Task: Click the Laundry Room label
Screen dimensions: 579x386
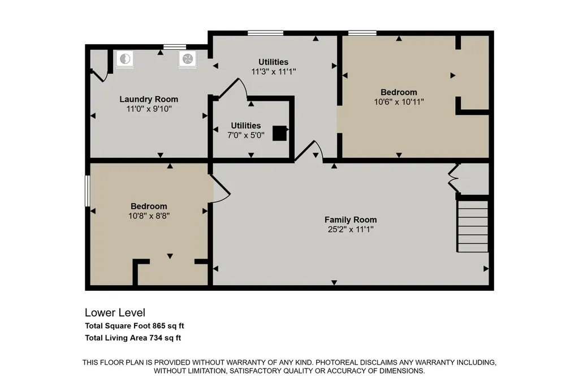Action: tap(149, 99)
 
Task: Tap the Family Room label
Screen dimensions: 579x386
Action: tap(351, 220)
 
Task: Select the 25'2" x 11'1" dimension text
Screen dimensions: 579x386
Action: tap(351, 229)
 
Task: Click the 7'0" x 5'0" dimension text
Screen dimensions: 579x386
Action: tap(245, 135)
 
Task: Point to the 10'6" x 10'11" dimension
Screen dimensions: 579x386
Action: tap(399, 102)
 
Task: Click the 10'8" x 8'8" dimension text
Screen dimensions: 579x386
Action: tap(149, 216)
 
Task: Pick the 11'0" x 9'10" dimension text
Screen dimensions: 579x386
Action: tap(149, 109)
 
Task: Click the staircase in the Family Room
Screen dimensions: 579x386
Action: tap(473, 226)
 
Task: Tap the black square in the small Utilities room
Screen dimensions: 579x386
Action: tap(279, 134)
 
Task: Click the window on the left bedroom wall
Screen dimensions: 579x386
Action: tap(88, 191)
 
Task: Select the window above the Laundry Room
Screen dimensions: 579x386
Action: tap(175, 46)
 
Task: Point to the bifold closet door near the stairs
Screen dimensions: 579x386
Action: tap(453, 178)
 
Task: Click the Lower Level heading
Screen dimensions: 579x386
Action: tap(115, 313)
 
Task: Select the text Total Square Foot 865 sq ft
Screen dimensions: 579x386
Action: tap(135, 326)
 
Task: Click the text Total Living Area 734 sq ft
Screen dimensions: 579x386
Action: tap(133, 337)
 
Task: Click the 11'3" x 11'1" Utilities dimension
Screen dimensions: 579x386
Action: tap(274, 72)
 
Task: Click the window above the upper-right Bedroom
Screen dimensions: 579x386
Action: tap(362, 33)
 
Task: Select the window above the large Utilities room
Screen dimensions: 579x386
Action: tap(266, 33)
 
